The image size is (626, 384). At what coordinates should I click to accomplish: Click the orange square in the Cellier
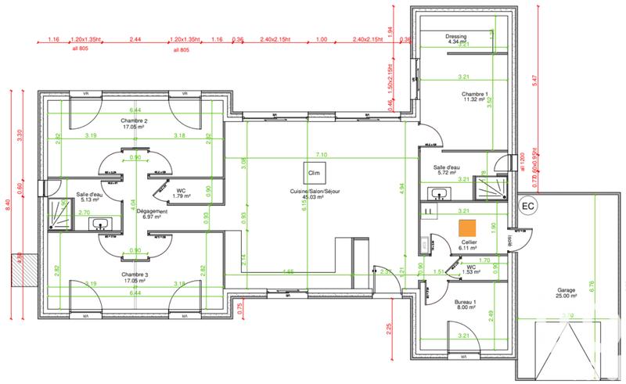(466, 228)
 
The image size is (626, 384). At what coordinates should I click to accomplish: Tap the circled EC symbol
(527, 206)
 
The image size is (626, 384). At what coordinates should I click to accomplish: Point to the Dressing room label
(456, 38)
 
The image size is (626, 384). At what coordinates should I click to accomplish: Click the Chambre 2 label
(135, 124)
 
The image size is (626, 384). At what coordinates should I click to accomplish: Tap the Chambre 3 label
(135, 278)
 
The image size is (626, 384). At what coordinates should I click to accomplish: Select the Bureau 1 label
(465, 304)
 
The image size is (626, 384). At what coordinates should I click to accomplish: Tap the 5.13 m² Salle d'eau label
(89, 197)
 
